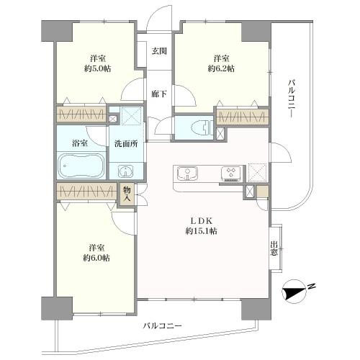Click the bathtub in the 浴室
[81, 169]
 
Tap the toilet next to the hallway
[199, 129]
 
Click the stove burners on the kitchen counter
[232, 173]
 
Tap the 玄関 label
[159, 51]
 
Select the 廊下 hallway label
[159, 94]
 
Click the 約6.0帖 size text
[96, 257]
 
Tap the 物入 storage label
[127, 193]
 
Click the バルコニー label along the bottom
[161, 326]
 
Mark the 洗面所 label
[126, 143]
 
